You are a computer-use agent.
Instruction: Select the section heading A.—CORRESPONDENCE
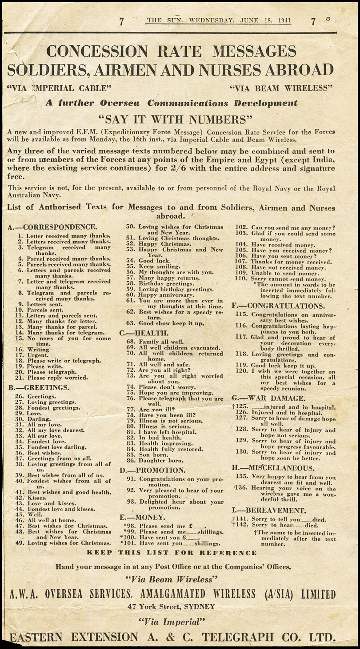point(52,227)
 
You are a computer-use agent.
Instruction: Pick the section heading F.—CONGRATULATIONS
point(278,306)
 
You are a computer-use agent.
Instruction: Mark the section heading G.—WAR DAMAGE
point(268,398)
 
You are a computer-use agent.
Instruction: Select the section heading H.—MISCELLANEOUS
point(273,468)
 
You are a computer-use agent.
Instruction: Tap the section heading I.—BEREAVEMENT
point(269,510)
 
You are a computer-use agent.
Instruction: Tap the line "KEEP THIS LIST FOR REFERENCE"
point(172,553)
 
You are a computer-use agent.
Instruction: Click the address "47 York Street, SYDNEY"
point(171,606)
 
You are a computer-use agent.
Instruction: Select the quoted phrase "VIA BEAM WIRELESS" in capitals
point(281,88)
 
